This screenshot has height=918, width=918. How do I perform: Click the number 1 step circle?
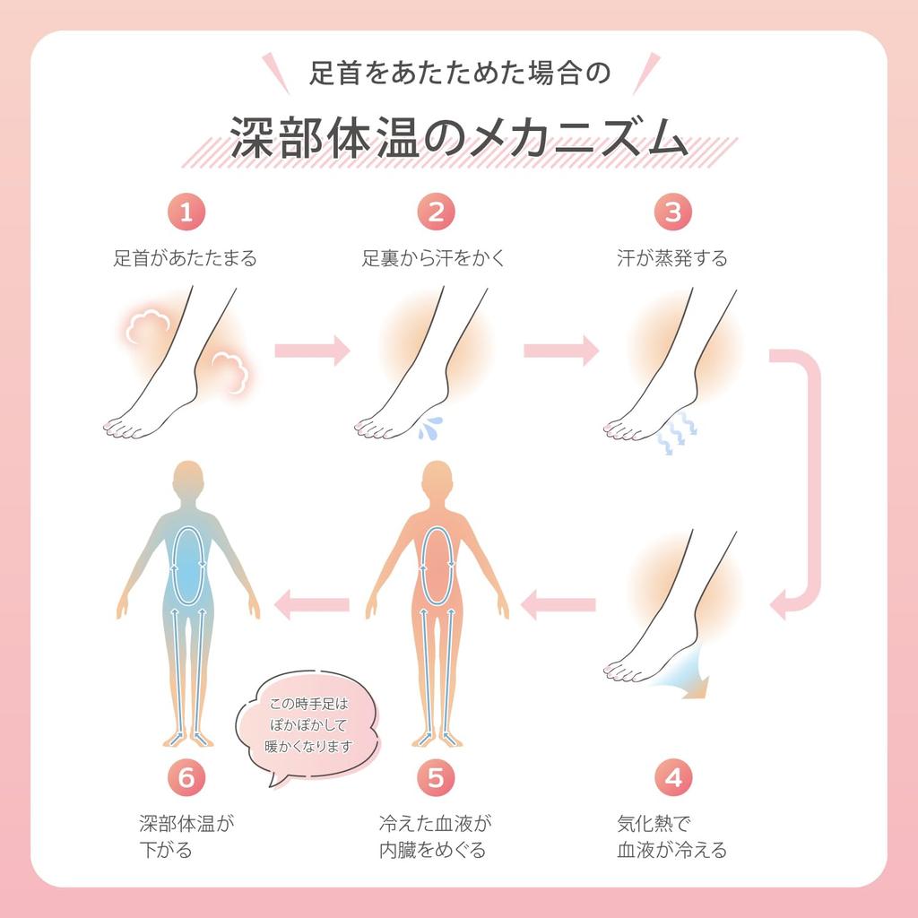[x=186, y=212]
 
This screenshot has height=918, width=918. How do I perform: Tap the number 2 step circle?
[x=437, y=212]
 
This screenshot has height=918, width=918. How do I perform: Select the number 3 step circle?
[x=673, y=212]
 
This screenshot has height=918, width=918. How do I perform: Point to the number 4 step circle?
[x=673, y=777]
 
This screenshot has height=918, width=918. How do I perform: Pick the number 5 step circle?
[x=437, y=777]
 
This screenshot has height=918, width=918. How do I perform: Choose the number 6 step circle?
[x=186, y=777]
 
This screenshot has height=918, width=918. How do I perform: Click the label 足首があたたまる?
[x=185, y=258]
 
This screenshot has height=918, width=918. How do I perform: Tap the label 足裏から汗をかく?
[x=433, y=258]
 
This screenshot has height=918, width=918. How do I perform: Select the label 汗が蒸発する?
[x=672, y=258]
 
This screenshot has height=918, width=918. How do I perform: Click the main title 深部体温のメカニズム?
[x=459, y=138]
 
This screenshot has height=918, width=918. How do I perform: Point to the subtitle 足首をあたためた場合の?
[x=460, y=74]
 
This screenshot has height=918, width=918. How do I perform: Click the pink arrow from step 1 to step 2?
[x=313, y=351]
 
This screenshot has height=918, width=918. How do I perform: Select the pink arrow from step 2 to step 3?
[x=561, y=351]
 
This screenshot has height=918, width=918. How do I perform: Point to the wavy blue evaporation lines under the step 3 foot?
[x=676, y=433]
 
